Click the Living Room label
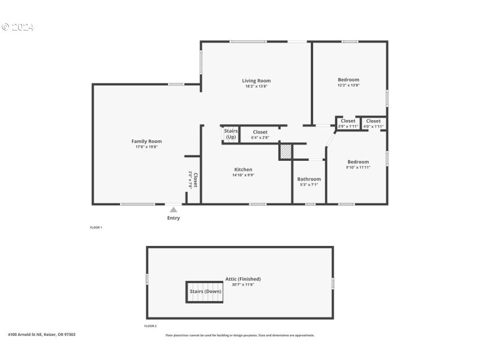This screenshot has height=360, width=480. tap(256, 80)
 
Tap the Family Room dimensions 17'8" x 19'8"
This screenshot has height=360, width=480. tap(146, 147)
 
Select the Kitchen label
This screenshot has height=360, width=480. tap(243, 169)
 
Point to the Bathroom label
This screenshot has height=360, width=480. tap(309, 179)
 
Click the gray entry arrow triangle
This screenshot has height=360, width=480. tap(173, 209)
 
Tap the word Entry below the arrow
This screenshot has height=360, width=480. tap(173, 218)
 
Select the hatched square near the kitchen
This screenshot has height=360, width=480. tap(286, 152)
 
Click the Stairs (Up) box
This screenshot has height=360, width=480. tap(231, 134)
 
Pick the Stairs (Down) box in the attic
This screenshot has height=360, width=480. tap(205, 292)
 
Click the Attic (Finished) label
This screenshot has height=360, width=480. tap(243, 279)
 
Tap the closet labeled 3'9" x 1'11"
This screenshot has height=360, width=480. tap(347, 124)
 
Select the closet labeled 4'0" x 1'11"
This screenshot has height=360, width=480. tap(373, 124)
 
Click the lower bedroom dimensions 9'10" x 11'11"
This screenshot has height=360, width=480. tap(358, 167)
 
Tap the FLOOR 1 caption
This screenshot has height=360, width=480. tap(96, 227)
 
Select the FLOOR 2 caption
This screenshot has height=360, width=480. tap(150, 326)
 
